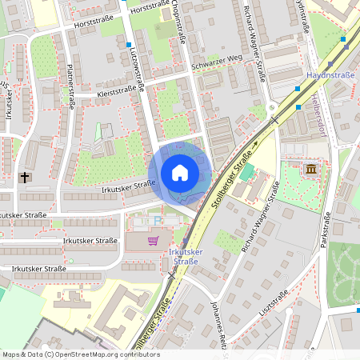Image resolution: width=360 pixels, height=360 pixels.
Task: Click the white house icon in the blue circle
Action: point(180,173)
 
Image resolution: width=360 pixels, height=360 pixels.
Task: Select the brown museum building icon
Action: point(310,170)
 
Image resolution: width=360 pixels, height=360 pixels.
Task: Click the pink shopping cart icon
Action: point(153,240)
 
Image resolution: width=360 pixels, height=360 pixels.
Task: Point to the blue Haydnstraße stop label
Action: point(326,75)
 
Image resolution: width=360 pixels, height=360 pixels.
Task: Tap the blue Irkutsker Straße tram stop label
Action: point(185,256)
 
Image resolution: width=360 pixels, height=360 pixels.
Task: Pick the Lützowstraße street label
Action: point(136,68)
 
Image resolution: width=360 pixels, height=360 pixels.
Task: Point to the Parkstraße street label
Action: point(326,231)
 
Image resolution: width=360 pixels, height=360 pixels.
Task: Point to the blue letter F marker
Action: point(158,218)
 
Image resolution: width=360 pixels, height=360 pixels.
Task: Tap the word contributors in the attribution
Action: point(138,354)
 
